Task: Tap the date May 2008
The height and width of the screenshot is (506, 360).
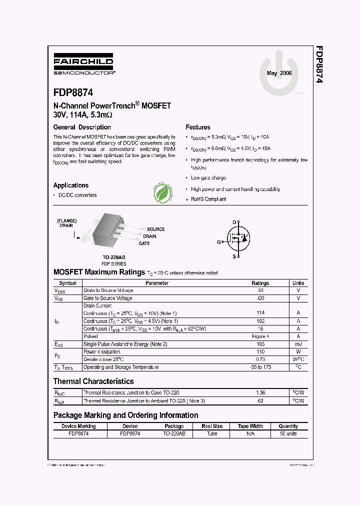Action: [279, 73]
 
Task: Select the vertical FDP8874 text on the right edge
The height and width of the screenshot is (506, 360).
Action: [318, 65]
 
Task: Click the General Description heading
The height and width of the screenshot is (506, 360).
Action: [82, 127]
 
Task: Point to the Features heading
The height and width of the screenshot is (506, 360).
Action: [198, 127]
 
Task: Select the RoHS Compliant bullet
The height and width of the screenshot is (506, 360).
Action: [208, 199]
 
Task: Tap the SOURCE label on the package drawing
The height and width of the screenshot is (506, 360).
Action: [155, 229]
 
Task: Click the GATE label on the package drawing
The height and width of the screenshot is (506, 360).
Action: [144, 243]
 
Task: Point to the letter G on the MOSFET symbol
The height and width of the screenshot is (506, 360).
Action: [218, 242]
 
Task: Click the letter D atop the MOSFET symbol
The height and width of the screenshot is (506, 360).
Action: [233, 222]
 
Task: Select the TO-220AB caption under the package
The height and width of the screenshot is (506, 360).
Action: [114, 257]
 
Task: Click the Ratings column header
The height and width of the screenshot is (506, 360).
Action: [260, 283]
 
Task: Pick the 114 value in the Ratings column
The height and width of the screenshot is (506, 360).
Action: [260, 313]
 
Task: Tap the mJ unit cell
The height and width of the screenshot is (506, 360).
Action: [298, 344]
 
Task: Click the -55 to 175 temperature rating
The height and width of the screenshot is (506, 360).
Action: [260, 367]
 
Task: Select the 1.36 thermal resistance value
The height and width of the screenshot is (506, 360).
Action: [260, 393]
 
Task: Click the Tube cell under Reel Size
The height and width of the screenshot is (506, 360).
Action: [212, 434]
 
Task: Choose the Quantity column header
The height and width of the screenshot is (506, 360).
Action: [288, 426]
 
